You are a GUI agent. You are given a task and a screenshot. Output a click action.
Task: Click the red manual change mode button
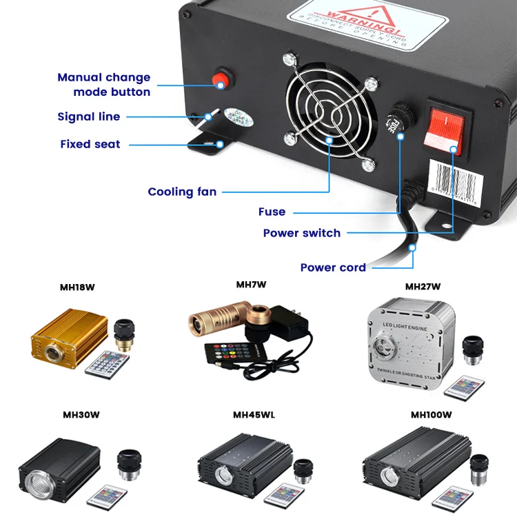tap(221, 79)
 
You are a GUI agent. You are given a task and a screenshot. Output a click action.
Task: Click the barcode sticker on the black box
tap(457, 181)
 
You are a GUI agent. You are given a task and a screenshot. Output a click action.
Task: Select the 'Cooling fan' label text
tap(182, 192)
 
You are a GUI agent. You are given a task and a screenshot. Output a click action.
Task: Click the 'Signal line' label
tap(89, 116)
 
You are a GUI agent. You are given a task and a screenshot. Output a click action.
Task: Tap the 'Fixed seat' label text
tap(90, 144)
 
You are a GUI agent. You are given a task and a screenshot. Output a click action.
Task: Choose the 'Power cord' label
tap(333, 267)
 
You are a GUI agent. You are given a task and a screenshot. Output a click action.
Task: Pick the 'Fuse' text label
tap(272, 212)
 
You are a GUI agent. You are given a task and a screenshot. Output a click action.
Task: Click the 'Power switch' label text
tap(302, 233)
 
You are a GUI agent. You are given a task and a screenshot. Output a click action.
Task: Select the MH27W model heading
tap(423, 287)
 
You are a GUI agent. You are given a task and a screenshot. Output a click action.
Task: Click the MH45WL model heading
tap(254, 415)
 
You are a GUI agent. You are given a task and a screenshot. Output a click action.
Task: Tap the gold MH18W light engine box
tap(68, 337)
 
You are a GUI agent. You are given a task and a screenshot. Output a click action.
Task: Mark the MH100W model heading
tap(432, 415)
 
